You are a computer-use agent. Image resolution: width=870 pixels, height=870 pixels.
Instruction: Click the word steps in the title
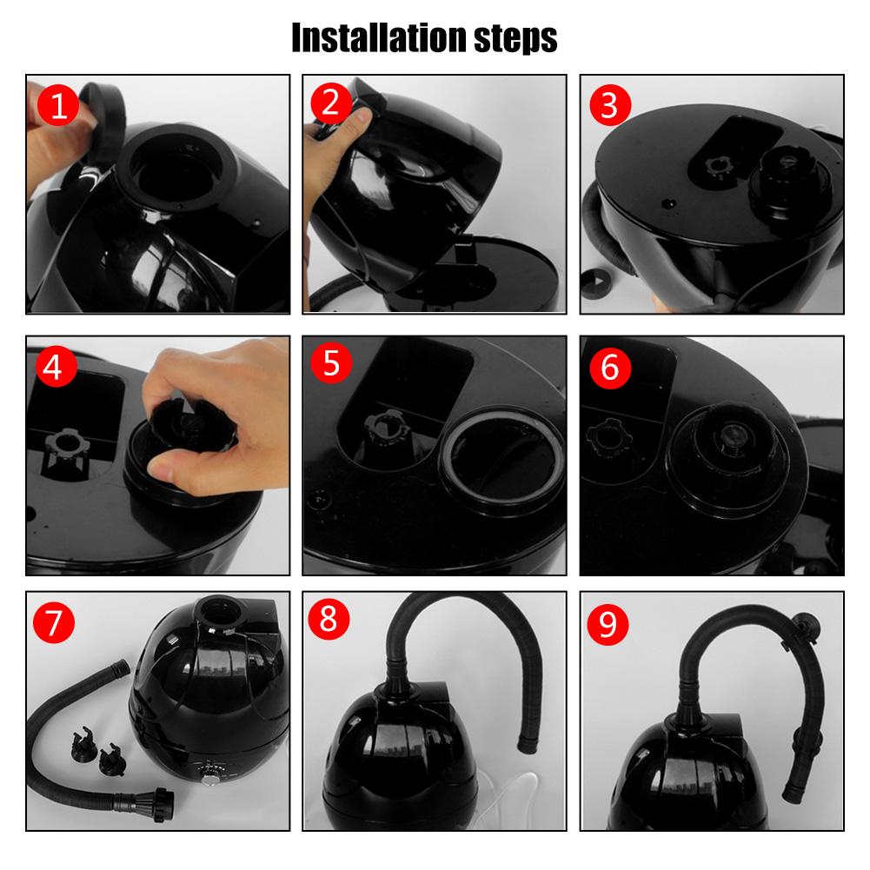[x=515, y=39]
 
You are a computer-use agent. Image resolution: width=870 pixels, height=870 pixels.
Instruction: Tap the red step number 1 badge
[x=58, y=105]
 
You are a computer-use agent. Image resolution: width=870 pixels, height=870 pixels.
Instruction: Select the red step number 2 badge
[x=330, y=103]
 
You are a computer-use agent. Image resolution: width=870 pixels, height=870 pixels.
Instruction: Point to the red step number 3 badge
[x=610, y=105]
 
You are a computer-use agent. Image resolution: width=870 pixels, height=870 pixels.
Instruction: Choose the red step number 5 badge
[x=331, y=363]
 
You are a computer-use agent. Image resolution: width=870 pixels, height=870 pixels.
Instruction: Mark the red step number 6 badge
[x=610, y=368]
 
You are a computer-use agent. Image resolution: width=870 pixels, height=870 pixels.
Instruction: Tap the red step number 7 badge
[x=54, y=622]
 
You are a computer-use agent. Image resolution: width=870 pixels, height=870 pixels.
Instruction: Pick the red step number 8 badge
[x=329, y=619]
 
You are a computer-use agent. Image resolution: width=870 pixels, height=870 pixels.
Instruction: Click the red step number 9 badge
[x=608, y=624]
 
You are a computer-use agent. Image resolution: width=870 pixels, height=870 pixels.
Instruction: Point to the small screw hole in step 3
[x=670, y=203]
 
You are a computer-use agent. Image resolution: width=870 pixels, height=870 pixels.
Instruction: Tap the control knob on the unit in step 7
[x=210, y=777]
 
